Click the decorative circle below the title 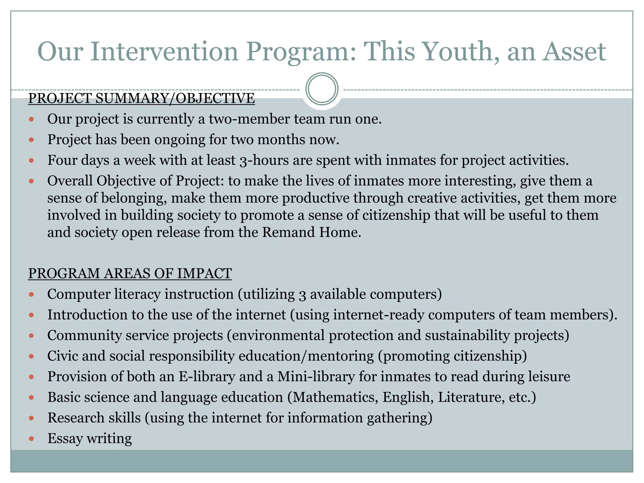pos(322,89)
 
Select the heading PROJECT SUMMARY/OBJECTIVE pos(141,98)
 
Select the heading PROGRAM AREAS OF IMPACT pos(130,273)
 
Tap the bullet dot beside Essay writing pos(31,439)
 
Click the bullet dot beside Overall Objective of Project pos(31,181)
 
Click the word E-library pos(207,377)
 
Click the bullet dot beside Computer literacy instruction pos(31,295)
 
